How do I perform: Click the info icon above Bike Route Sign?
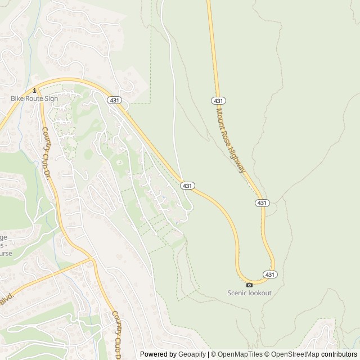pos(35,90)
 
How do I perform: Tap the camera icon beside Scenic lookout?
pos(250,285)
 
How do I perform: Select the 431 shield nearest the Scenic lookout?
pos(270,274)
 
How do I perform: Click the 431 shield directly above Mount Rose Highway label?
pos(219,100)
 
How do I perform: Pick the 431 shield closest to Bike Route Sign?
pos(115,100)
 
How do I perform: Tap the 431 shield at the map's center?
pos(188,185)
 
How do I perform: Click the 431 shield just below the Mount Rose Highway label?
pos(262,202)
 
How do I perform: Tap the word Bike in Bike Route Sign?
pos(17,98)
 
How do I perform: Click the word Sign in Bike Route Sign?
pos(51,98)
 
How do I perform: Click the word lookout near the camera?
pos(260,293)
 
